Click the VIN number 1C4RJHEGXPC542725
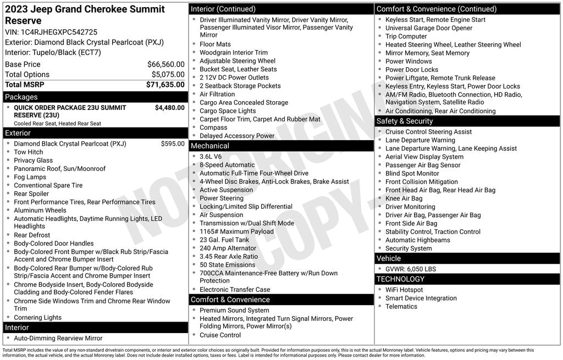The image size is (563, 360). click(59, 32)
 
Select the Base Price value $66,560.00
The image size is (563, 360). click(165, 64)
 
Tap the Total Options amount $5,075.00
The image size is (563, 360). click(168, 75)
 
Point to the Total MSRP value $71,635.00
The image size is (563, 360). click(165, 85)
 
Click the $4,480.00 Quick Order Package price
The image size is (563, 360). click(169, 108)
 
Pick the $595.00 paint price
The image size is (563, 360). click(173, 144)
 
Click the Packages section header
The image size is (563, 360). click(21, 97)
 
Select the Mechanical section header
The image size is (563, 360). click(209, 146)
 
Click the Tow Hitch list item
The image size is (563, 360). click(28, 152)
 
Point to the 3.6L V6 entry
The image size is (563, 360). click(211, 157)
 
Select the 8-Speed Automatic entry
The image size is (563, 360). click(227, 165)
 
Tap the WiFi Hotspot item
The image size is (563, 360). click(404, 290)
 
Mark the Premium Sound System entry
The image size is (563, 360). click(234, 311)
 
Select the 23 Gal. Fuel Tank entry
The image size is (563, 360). click(224, 240)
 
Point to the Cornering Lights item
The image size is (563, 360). click(37, 318)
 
